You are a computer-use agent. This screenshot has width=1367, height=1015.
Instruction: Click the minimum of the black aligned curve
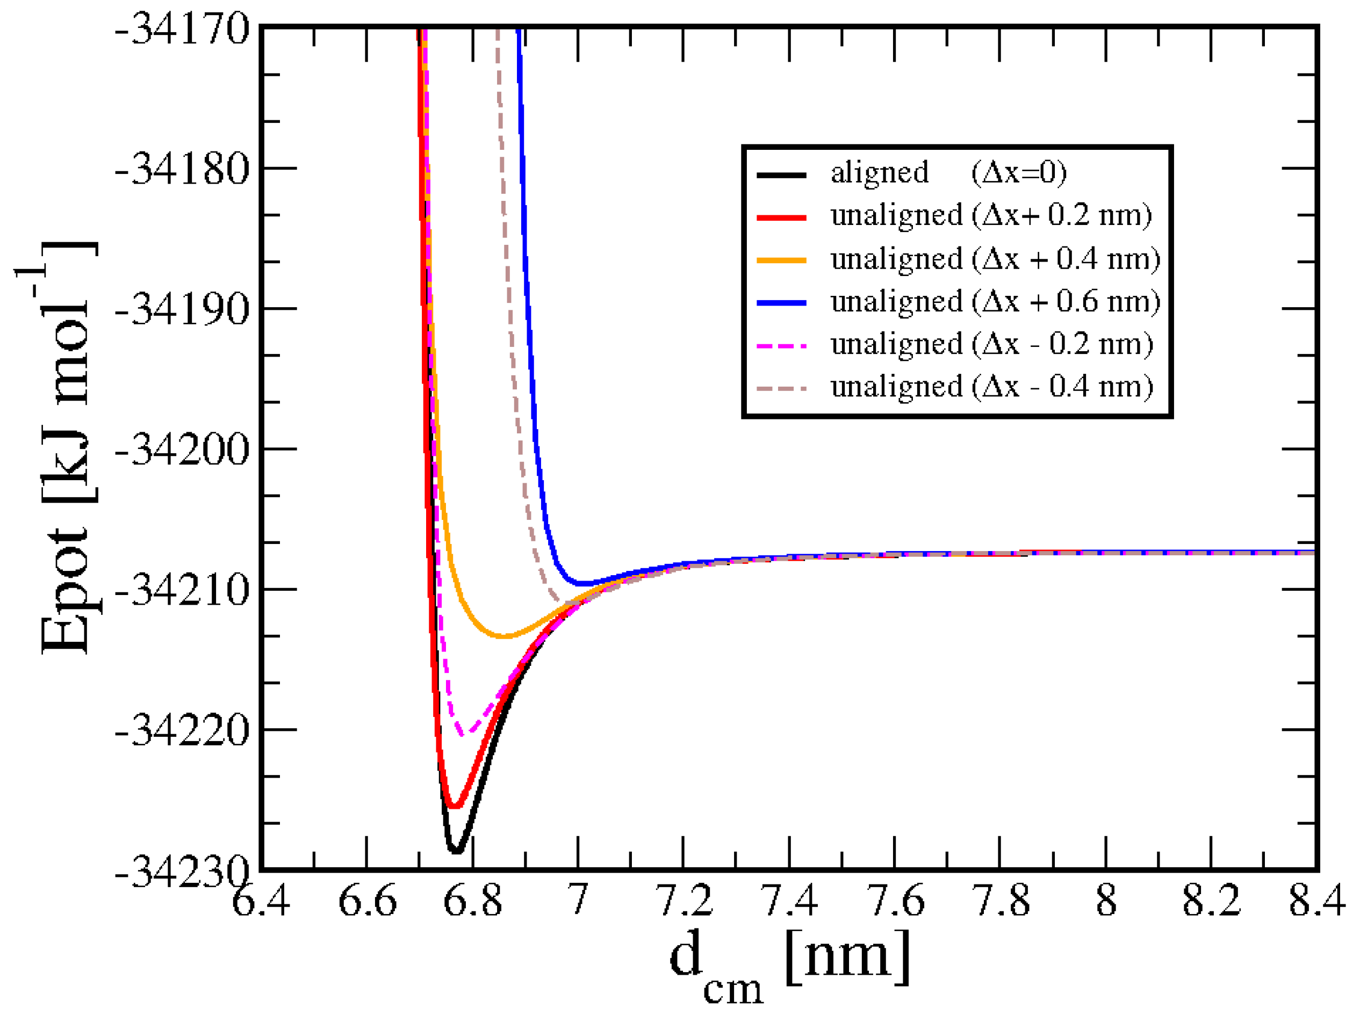(456, 851)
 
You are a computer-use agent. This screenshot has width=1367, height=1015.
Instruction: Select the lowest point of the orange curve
(504, 636)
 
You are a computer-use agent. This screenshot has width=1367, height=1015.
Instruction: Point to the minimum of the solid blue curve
(584, 583)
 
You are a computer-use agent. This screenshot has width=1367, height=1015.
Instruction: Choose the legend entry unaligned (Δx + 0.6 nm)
(995, 302)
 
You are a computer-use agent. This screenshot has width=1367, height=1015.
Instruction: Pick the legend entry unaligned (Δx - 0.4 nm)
(991, 387)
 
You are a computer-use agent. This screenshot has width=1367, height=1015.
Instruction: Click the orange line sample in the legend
(781, 260)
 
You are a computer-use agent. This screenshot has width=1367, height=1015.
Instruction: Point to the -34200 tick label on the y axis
(182, 449)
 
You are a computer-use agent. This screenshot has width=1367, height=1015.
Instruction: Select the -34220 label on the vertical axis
(182, 730)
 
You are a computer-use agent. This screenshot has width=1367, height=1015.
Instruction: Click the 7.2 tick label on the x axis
(684, 902)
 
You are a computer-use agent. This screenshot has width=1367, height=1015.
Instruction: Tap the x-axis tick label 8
(1106, 902)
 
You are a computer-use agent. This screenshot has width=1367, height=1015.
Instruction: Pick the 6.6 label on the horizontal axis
(368, 902)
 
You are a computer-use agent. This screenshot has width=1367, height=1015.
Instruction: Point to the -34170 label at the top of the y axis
(182, 30)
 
